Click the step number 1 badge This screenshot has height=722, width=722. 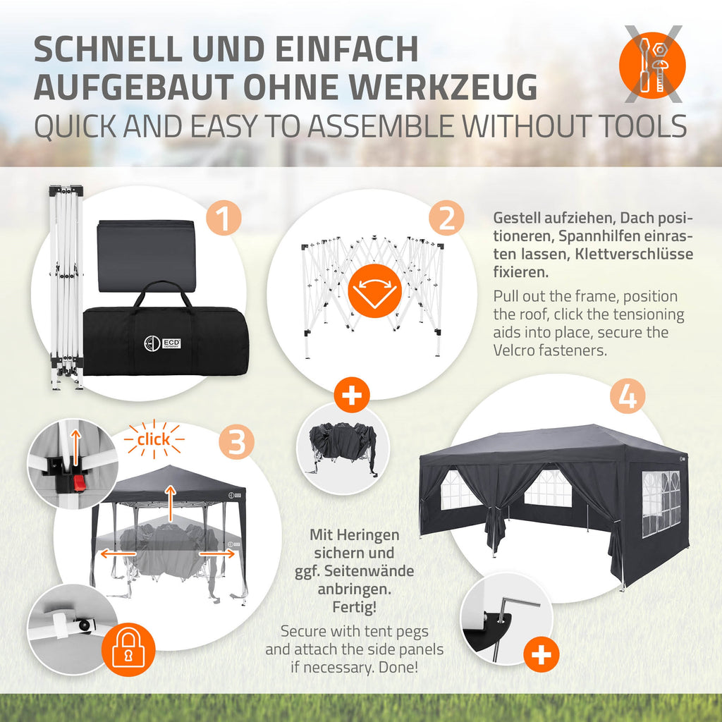click(x=224, y=219)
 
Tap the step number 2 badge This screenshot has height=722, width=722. click(x=446, y=219)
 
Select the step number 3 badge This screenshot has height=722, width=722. click(x=236, y=441)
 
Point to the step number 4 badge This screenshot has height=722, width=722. click(x=627, y=396)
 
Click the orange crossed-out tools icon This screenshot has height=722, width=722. click(x=652, y=65)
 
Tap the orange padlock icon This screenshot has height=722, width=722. click(x=128, y=649)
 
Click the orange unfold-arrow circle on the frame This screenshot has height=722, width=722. click(x=374, y=290)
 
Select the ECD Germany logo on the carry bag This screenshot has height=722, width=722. click(x=162, y=343)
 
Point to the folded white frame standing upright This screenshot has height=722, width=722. click(x=67, y=288)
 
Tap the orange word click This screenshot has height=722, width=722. click(x=154, y=439)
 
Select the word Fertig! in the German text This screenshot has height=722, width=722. click(x=355, y=607)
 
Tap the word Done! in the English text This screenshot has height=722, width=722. click(x=398, y=667)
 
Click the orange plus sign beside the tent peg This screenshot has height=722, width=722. click(x=541, y=654)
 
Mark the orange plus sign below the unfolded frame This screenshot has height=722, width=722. click(x=352, y=395)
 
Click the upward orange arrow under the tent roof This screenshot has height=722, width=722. click(x=171, y=503)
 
